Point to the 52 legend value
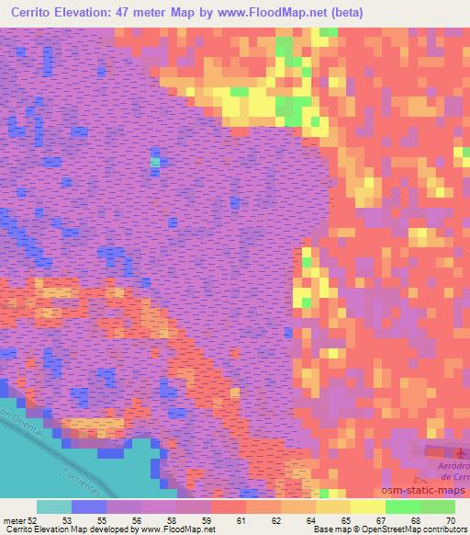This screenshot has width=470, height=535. pyautogui.click(x=34, y=520)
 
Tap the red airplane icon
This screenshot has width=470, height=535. pyautogui.click(x=459, y=452)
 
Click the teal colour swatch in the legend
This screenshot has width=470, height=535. pyautogui.click(x=52, y=507)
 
